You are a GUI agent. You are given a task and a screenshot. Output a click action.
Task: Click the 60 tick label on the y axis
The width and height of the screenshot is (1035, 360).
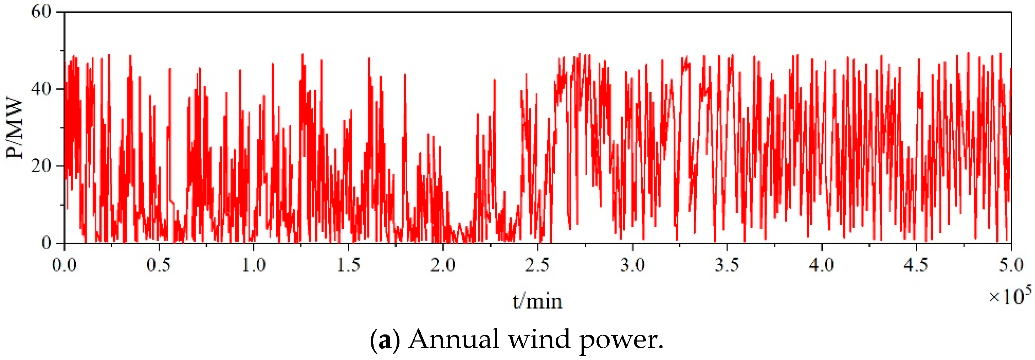click(42, 12)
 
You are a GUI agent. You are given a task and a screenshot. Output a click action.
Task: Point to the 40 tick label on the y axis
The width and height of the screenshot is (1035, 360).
click(42, 89)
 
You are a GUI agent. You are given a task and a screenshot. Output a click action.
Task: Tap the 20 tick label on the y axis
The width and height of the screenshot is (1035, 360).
click(42, 165)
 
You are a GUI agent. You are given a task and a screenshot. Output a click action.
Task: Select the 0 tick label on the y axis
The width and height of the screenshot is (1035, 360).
click(47, 243)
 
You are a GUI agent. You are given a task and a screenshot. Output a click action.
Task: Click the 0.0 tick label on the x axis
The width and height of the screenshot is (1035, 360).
click(64, 265)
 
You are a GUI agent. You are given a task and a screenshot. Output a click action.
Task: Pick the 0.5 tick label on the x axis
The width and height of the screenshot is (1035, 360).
click(159, 265)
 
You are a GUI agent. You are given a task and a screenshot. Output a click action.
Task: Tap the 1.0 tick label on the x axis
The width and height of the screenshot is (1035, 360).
click(254, 265)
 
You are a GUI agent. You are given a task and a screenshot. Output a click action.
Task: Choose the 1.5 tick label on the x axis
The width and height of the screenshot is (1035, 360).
click(348, 265)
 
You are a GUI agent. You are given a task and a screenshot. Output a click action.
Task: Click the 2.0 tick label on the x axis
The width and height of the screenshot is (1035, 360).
click(443, 265)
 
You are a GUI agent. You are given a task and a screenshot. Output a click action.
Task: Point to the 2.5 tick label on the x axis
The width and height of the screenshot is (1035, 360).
click(538, 265)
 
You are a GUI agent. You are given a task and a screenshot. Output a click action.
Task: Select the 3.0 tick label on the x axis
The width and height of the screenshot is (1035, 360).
click(632, 265)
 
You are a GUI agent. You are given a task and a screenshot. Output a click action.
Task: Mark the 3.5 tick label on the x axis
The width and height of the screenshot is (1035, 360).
click(727, 265)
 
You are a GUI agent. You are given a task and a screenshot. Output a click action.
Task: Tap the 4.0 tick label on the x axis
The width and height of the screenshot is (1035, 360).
click(822, 265)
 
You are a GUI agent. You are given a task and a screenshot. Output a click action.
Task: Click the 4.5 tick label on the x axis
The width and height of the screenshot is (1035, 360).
click(916, 265)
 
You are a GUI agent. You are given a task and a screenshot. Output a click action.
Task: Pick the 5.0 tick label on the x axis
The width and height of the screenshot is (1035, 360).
click(1011, 265)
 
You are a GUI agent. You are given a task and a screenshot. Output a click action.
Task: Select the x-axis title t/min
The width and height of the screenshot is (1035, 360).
click(537, 301)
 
